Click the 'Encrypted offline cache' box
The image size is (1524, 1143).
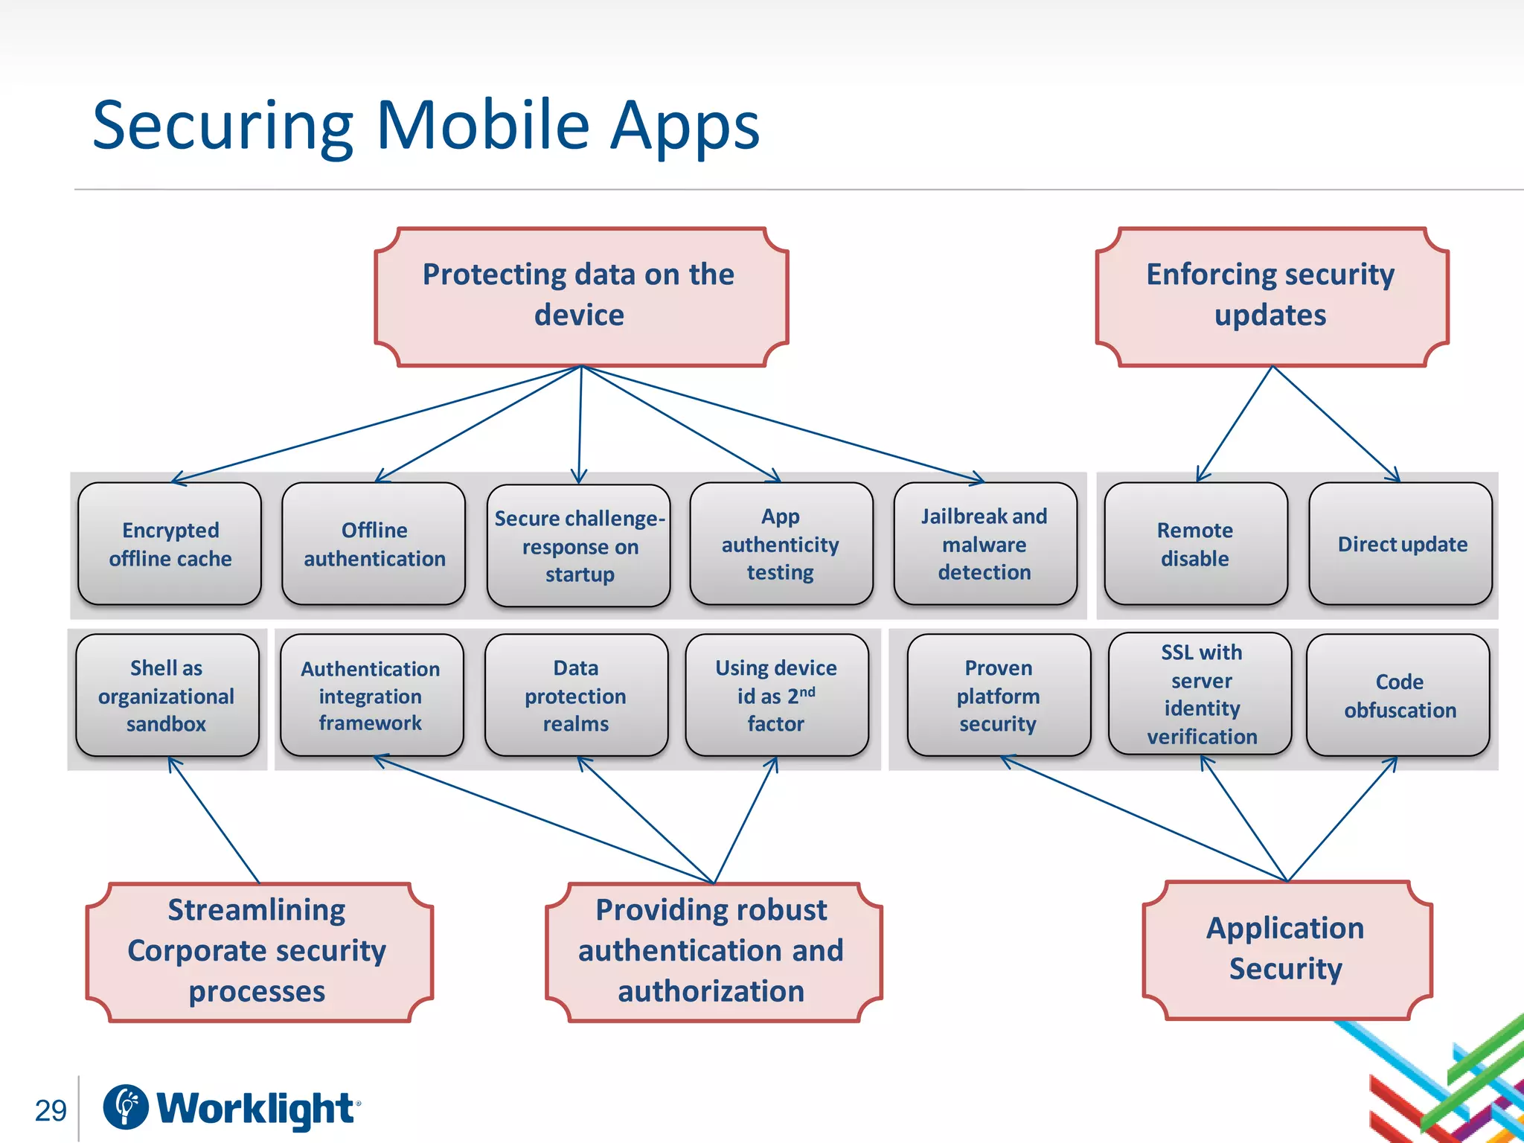pyautogui.click(x=170, y=544)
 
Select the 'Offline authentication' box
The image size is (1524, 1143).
pyautogui.click(x=374, y=544)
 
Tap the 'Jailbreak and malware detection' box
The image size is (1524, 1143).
pyautogui.click(x=984, y=544)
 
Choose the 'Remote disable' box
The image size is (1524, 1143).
pyautogui.click(x=1195, y=544)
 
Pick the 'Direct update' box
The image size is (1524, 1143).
pyautogui.click(x=1400, y=544)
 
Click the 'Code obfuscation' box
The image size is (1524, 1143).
pyautogui.click(x=1398, y=696)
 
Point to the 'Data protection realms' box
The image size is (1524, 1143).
pyautogui.click(x=575, y=696)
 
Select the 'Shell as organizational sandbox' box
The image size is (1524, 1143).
pyautogui.click(x=167, y=696)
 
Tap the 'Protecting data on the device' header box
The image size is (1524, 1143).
pyautogui.click(x=580, y=296)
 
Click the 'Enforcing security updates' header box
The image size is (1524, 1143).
pyautogui.click(x=1272, y=296)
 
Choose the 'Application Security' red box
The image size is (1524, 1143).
pyautogui.click(x=1287, y=950)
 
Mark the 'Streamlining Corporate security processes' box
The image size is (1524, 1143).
pyautogui.click(x=258, y=951)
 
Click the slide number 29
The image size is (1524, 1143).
pyautogui.click(x=51, y=1110)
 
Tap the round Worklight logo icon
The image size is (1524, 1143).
pyautogui.click(x=125, y=1107)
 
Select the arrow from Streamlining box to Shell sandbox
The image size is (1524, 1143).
pyautogui.click(x=214, y=820)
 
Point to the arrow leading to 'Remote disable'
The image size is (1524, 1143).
pyautogui.click(x=1235, y=424)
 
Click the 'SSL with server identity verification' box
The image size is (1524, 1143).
pyautogui.click(x=1201, y=694)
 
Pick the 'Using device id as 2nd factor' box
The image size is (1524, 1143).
pyautogui.click(x=776, y=696)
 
